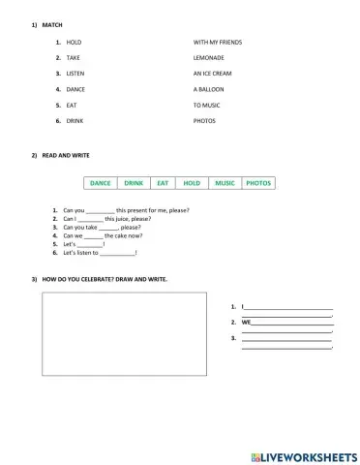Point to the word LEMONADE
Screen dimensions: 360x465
point(209,58)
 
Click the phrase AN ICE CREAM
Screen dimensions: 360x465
point(213,74)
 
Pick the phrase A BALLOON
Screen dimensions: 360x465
point(210,89)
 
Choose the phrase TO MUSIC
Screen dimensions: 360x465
point(208,105)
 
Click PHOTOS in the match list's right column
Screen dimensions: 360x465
point(204,120)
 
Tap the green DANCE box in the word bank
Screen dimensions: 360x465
point(101,182)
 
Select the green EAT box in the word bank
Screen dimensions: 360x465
point(163,182)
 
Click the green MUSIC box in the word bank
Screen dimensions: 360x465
point(225,182)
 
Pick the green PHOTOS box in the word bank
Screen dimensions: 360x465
point(258,182)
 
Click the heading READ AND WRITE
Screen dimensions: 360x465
point(64,155)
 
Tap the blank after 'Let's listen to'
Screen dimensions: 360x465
point(117,253)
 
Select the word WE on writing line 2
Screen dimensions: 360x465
point(246,321)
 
